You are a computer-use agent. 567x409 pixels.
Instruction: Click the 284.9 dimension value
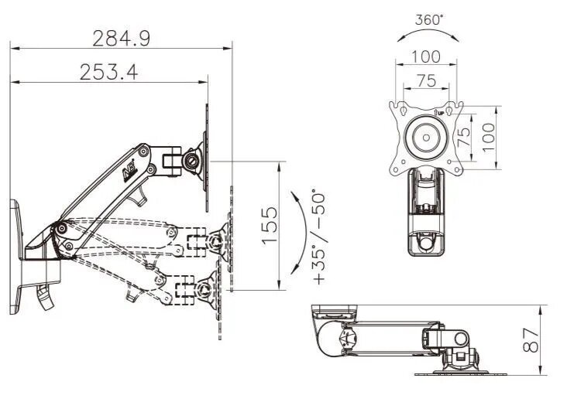[x=121, y=37]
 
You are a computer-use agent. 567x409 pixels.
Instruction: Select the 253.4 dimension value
[x=108, y=72]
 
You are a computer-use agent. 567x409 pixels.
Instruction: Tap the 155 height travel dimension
[x=268, y=225]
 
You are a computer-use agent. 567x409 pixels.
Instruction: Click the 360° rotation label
[x=428, y=20]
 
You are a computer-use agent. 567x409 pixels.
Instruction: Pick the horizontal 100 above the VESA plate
[x=426, y=56]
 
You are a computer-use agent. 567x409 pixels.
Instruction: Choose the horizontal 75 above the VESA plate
[x=426, y=80]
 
